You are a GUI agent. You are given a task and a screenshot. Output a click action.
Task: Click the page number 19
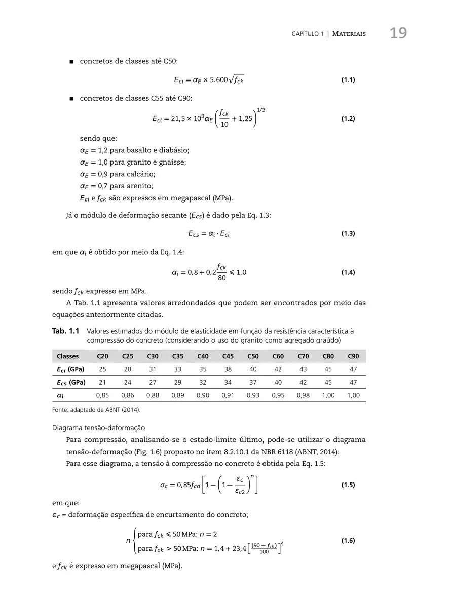coord(398,33)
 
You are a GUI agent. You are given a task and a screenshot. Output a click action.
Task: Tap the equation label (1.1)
coord(347,80)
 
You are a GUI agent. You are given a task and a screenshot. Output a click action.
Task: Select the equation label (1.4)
coord(347,272)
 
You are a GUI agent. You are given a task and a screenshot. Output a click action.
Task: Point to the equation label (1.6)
coord(347,540)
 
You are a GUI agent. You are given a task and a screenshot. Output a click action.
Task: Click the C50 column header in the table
coord(253,356)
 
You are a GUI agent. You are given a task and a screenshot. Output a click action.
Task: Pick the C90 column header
coord(353,356)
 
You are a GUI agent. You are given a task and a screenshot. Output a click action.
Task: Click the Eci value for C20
coord(102,369)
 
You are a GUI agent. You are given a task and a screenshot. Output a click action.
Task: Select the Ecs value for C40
coord(203,382)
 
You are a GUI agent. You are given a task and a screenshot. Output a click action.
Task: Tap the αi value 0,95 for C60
coord(278,395)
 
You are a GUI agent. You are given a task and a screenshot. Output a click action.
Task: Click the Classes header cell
coord(67,356)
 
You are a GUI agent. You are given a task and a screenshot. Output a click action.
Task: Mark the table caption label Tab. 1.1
coord(66,331)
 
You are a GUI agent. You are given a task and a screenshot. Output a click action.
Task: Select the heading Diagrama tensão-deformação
coord(99,428)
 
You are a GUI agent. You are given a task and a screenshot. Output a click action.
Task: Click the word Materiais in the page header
coord(349,34)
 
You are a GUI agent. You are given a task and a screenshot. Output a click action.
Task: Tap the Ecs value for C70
coord(303,382)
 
